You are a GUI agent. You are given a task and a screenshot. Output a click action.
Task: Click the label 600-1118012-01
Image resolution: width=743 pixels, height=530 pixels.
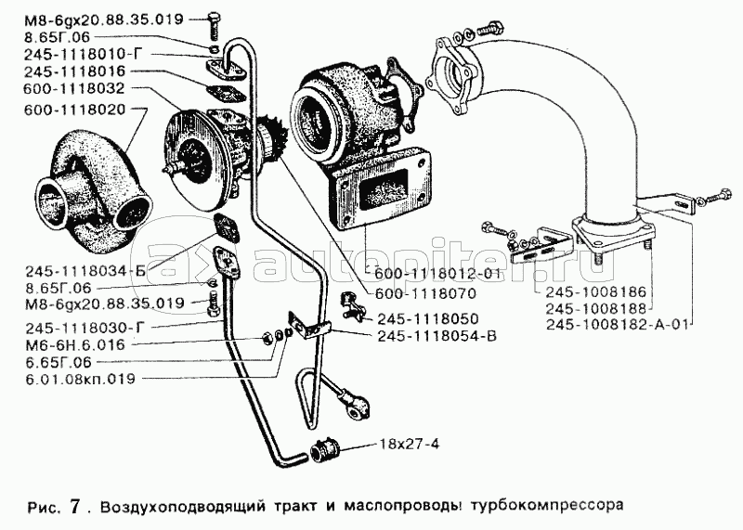[x=441, y=275]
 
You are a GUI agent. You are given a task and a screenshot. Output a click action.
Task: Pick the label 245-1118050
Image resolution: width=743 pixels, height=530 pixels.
[x=421, y=317]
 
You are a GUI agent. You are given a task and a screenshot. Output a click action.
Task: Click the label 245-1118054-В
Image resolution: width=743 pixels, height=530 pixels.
[x=436, y=335]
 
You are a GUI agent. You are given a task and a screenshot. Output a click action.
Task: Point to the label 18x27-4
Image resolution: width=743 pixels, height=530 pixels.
[x=407, y=442]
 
